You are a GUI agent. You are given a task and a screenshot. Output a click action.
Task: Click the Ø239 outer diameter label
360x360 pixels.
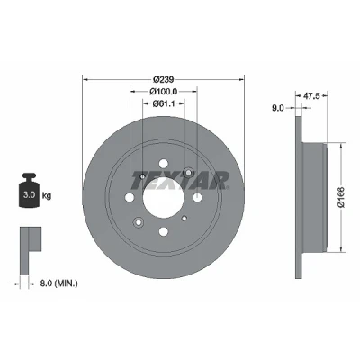tap(164, 79)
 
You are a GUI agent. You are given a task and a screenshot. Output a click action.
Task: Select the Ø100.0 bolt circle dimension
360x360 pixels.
tap(164, 91)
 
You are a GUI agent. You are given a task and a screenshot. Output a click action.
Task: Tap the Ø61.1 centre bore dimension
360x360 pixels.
tap(164, 103)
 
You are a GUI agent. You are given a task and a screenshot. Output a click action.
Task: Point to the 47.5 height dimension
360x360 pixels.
tap(311, 95)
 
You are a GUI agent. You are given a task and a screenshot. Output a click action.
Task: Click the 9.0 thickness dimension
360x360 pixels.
tap(278, 108)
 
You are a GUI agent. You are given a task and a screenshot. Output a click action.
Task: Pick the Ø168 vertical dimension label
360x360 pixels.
tap(341, 197)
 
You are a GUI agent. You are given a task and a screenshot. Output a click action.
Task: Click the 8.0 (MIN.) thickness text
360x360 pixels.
tap(58, 283)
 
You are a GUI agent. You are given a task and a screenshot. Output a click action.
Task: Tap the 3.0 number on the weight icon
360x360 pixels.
tap(30, 195)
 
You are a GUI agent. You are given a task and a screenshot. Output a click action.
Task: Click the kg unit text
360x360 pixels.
tap(47, 196)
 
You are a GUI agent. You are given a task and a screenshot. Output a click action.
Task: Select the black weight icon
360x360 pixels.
tap(30, 190)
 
